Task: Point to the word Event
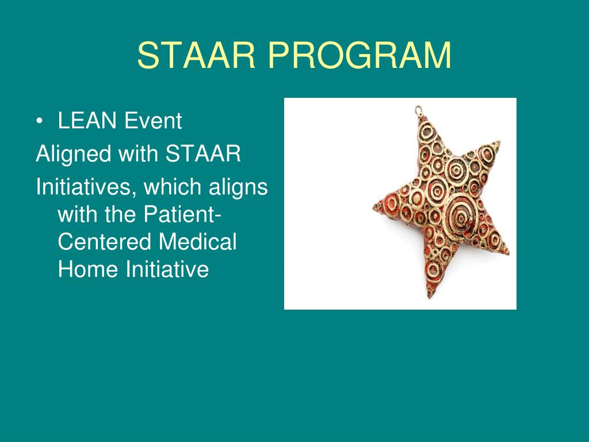153,121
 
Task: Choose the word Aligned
73,154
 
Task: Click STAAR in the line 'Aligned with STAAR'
203,154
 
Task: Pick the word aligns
238,188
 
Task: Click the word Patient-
182,214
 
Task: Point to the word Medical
198,242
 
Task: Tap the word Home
88,269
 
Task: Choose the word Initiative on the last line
167,269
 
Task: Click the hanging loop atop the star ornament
419,110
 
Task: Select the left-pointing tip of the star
374,207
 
